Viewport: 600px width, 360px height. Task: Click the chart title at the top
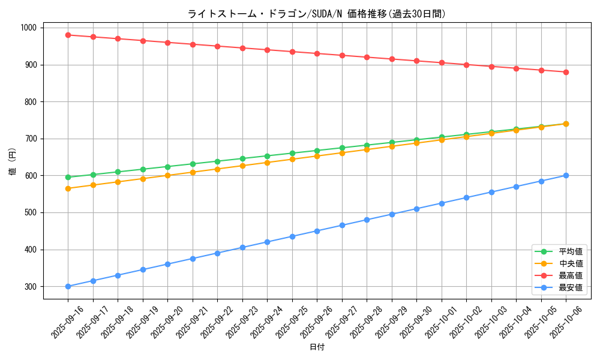pyautogui.click(x=316, y=14)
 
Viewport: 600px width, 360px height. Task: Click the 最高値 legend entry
pyautogui.click(x=570, y=275)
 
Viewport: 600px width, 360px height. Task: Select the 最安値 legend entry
pyautogui.click(x=570, y=287)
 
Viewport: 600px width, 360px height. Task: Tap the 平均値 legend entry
pyautogui.click(x=570, y=251)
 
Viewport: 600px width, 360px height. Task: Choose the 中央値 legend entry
pyautogui.click(x=570, y=263)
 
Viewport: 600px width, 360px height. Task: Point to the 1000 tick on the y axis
pyautogui.click(x=28, y=28)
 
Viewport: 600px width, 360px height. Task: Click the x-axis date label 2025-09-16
pyautogui.click(x=68, y=322)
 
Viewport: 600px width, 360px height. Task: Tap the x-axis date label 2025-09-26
pyautogui.click(x=317, y=322)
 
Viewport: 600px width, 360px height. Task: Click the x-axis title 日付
pyautogui.click(x=317, y=347)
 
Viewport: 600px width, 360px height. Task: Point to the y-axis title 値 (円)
pyautogui.click(x=13, y=161)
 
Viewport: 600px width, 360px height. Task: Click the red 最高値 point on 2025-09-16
pyautogui.click(x=68, y=35)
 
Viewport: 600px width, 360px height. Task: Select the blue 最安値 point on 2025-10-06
pyautogui.click(x=566, y=175)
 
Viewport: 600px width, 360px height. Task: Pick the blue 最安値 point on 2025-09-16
pyautogui.click(x=68, y=286)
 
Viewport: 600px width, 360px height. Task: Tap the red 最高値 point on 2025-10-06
pyautogui.click(x=566, y=72)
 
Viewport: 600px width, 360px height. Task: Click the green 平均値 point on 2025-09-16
pyautogui.click(x=68, y=177)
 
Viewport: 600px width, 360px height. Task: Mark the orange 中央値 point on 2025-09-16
pyautogui.click(x=68, y=188)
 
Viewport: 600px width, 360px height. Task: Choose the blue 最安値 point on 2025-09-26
pyautogui.click(x=317, y=231)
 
